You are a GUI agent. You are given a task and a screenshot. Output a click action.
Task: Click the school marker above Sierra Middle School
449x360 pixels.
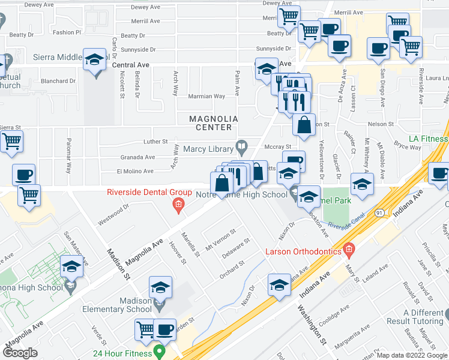coord(94,61)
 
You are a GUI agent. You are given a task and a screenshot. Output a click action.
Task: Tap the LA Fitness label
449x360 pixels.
coord(428,139)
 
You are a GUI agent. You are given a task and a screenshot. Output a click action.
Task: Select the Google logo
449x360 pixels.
coord(20,352)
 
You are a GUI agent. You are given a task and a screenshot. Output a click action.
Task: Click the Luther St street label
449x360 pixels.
coord(155,142)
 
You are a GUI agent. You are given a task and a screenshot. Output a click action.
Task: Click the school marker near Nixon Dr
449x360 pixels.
coord(279,287)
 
